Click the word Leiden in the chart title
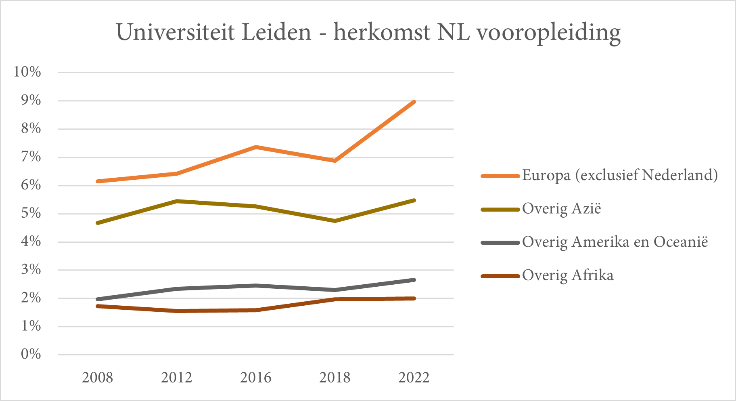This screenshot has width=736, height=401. [x=276, y=32]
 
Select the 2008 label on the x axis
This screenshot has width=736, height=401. [x=97, y=378]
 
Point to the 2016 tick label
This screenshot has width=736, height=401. [x=255, y=378]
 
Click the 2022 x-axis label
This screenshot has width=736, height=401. [x=414, y=378]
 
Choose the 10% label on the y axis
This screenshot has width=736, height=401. [x=27, y=72]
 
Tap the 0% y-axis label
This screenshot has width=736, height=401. [x=31, y=354]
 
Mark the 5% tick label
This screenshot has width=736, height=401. [x=31, y=213]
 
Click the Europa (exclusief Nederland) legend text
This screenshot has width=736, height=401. [x=620, y=175]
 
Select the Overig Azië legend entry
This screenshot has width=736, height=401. [x=561, y=209]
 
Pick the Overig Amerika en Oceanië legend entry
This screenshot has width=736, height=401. [x=615, y=242]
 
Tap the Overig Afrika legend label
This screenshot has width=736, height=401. [x=568, y=275]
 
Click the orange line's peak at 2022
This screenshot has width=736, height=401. [x=414, y=102]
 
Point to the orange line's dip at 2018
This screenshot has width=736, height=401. [x=335, y=161]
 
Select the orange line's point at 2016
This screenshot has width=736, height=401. [x=256, y=147]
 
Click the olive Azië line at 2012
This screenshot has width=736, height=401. [x=177, y=201]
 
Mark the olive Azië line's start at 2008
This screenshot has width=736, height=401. [x=98, y=223]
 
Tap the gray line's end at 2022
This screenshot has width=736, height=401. [x=414, y=280]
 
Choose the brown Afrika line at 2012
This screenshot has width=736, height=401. [x=177, y=311]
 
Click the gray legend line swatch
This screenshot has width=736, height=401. [x=500, y=243]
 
